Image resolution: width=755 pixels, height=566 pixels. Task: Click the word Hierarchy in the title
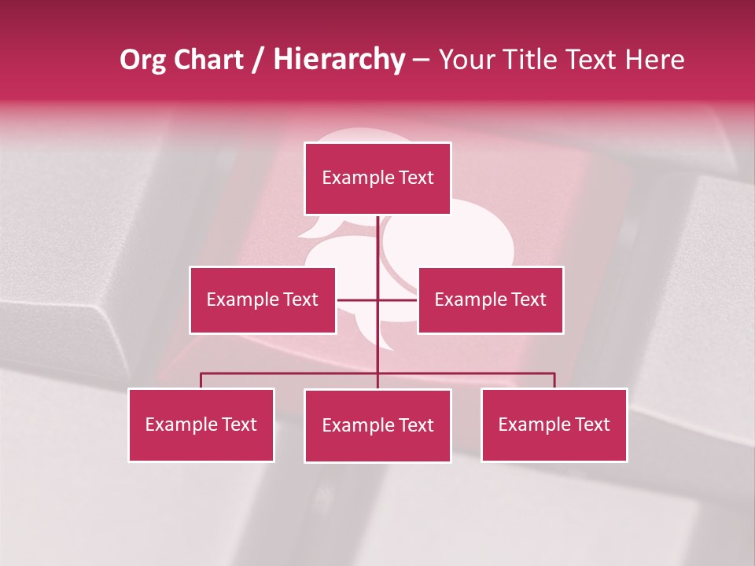339,60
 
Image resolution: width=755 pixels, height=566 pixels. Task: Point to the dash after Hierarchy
421,60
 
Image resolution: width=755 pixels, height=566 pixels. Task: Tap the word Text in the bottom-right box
592,425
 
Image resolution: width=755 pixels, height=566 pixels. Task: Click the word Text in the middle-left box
300,300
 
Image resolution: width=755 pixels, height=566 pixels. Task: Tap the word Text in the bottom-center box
416,426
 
